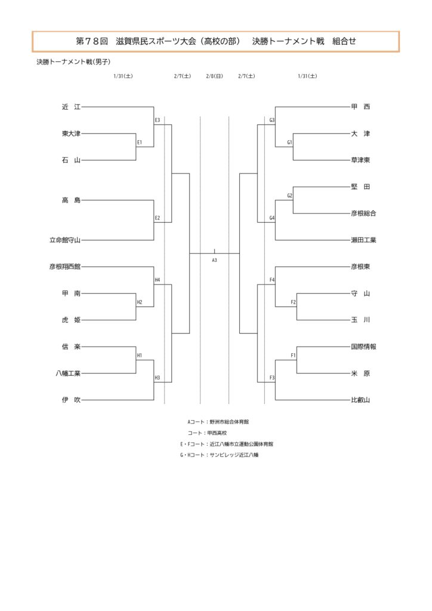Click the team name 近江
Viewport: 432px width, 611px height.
pyautogui.click(x=70, y=107)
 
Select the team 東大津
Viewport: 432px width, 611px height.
pyautogui.click(x=70, y=134)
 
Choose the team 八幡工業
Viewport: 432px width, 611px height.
pyautogui.click(x=67, y=374)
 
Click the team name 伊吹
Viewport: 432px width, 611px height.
pyautogui.click(x=70, y=400)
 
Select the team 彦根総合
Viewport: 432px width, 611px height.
pyautogui.click(x=363, y=214)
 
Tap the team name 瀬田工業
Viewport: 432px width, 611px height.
pyautogui.click(x=363, y=240)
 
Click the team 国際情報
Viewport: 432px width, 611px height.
pyautogui.click(x=363, y=347)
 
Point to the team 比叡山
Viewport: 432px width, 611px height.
pyautogui.click(x=360, y=400)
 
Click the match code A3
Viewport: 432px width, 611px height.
pyautogui.click(x=214, y=260)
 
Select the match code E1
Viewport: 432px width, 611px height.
pyautogui.click(x=139, y=143)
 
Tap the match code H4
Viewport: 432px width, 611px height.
pyautogui.click(x=157, y=280)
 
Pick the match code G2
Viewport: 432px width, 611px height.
pyautogui.click(x=289, y=196)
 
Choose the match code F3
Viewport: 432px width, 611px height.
pyautogui.click(x=272, y=378)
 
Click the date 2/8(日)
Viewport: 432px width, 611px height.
pyautogui.click(x=214, y=76)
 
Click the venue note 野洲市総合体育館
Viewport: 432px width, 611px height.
pyautogui.click(x=229, y=421)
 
